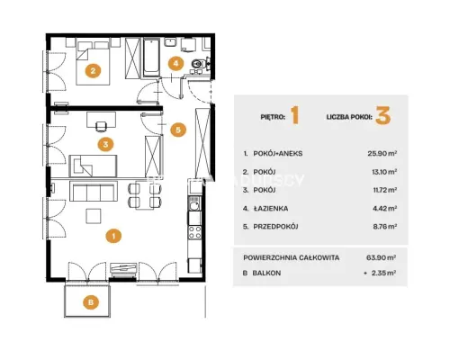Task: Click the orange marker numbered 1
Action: (113, 236)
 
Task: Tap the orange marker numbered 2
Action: (93, 71)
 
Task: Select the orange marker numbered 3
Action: (105, 144)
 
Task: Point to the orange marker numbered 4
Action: (175, 63)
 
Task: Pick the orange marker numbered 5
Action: (178, 130)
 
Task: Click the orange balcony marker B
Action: (91, 301)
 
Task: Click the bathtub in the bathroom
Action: (151, 58)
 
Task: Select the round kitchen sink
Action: (194, 205)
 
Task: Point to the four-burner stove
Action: (194, 232)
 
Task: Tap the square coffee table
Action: (94, 216)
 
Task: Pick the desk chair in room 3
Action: (101, 126)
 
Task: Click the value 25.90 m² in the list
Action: (382, 154)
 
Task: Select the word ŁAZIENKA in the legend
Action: (271, 208)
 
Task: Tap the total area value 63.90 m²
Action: (382, 257)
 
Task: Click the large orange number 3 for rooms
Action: (383, 116)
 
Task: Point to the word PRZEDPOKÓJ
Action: (275, 227)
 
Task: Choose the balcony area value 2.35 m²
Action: (383, 273)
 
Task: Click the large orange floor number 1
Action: (295, 116)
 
